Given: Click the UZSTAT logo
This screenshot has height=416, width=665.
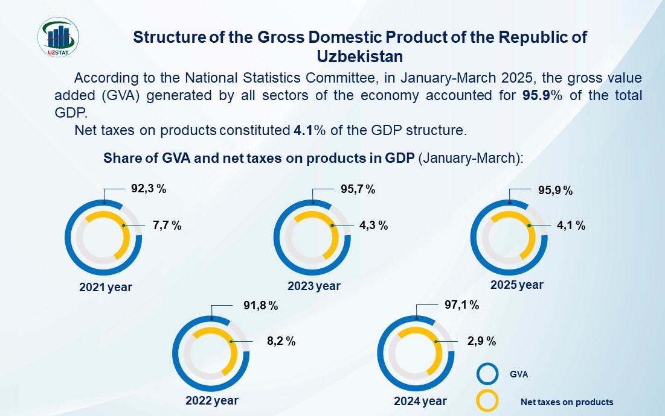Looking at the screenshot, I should tap(57, 37).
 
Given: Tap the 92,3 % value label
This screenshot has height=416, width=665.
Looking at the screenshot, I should tap(149, 188).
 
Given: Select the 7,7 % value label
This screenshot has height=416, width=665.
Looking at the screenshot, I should tap(167, 225).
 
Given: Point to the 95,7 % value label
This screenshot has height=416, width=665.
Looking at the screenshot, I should tap(358, 189).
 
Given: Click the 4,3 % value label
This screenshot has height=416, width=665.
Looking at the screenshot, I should tap(373, 225).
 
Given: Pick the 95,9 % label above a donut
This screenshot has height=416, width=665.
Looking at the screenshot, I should tap(555, 191).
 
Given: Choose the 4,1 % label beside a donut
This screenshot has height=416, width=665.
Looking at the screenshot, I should tap(571, 225).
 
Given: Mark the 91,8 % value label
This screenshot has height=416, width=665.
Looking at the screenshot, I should tap(260, 306).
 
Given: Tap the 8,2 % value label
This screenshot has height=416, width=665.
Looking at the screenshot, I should tap(281, 341).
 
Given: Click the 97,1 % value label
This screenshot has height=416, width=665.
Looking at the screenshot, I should tap(461, 306).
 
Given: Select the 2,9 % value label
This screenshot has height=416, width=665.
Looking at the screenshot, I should tap(481, 341).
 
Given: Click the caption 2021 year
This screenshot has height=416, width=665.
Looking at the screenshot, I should tap(106, 288).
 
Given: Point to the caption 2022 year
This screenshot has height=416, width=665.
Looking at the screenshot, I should tap(212, 400).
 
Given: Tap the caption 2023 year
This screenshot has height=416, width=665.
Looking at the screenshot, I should tap(314, 286).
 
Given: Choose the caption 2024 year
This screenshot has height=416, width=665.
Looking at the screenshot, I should tap(420, 401).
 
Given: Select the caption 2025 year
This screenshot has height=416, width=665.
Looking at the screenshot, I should tap(517, 285).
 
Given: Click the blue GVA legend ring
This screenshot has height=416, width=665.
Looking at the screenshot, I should tap(487, 374).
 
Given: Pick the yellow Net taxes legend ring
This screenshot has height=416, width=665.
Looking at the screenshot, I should tap(487, 401).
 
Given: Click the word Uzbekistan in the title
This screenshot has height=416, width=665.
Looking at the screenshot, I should tap(360, 56).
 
